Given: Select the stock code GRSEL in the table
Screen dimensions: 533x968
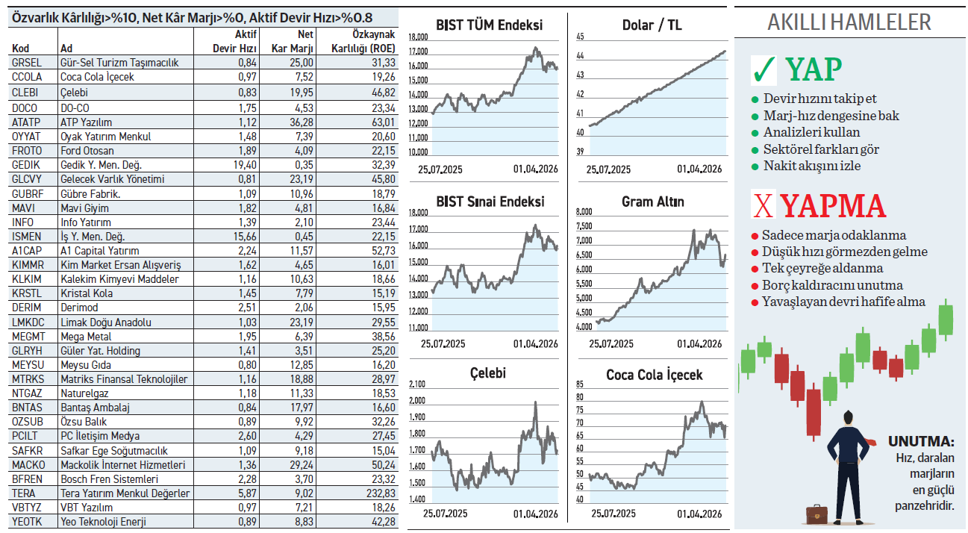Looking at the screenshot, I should point(27,63).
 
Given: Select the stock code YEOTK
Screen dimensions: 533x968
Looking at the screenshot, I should point(28,522).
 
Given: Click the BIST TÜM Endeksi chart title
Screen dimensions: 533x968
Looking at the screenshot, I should point(489,25).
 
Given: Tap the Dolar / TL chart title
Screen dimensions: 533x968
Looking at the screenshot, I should point(652,25).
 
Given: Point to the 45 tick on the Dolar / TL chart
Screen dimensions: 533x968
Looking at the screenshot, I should point(580,37).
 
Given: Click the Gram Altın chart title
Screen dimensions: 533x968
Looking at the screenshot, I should point(652,202).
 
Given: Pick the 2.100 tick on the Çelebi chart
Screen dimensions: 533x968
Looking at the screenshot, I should point(417,384).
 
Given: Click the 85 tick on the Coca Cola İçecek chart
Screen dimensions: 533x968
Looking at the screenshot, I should point(580,384).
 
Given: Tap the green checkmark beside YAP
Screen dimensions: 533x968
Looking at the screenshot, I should point(764,69).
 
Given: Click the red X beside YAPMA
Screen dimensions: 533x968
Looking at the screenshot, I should point(762,206).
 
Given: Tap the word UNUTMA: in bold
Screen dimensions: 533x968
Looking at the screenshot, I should point(920,441).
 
